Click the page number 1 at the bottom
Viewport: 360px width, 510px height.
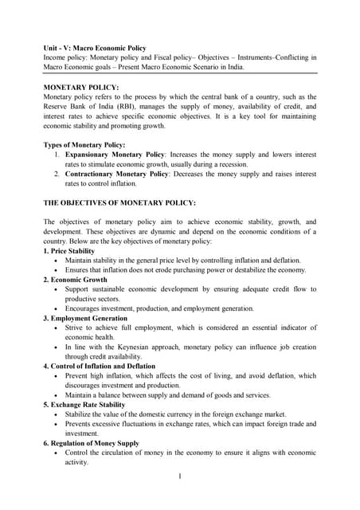pyautogui.click(x=180, y=476)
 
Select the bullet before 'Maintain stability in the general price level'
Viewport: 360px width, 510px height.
pyautogui.click(x=55, y=261)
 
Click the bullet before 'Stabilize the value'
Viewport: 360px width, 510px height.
pyautogui.click(x=55, y=414)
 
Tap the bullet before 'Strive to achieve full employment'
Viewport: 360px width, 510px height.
pyautogui.click(x=55, y=328)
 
